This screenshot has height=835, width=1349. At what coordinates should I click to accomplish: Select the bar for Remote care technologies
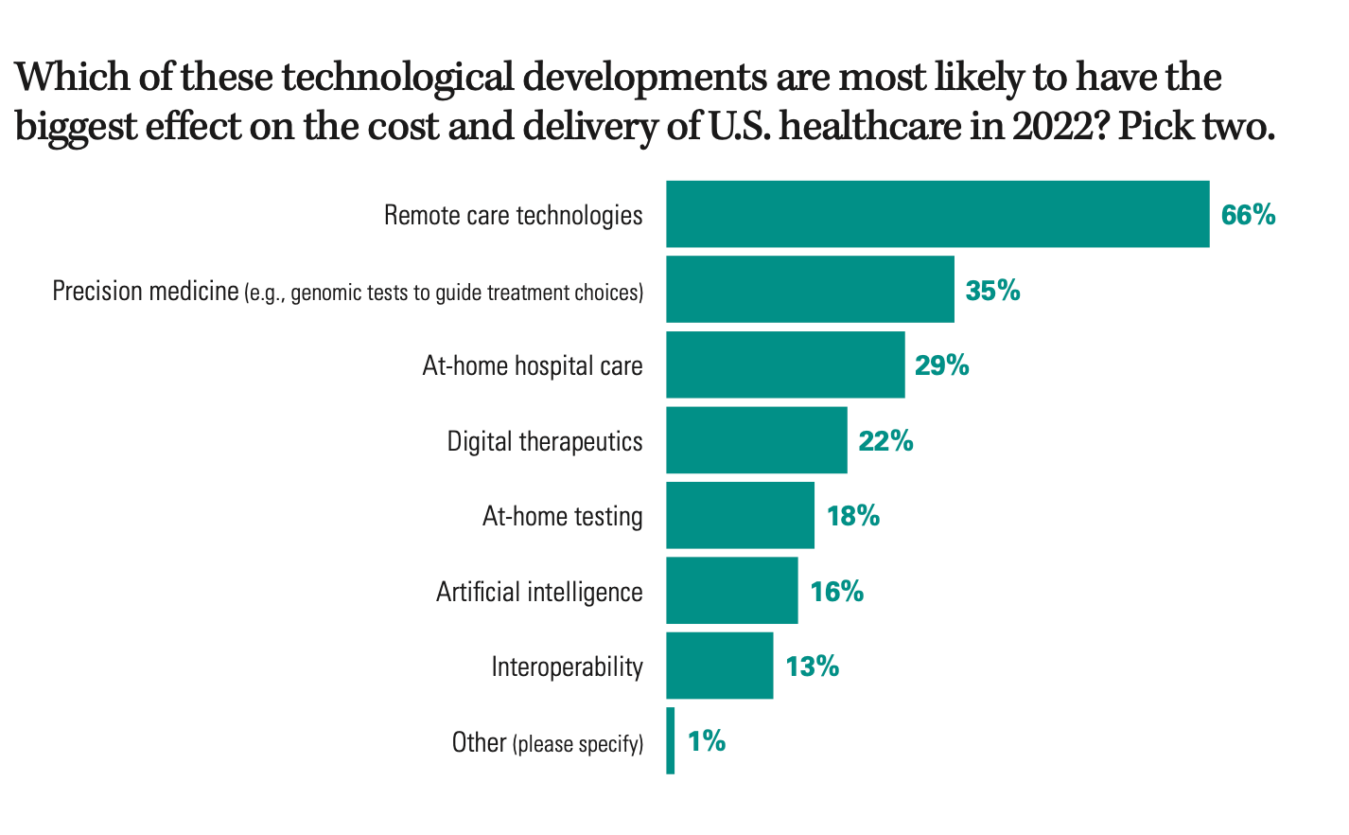click(x=937, y=214)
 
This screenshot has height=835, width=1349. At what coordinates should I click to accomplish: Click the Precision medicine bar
click(x=810, y=289)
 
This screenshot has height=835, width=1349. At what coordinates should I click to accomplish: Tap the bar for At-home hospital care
click(x=785, y=364)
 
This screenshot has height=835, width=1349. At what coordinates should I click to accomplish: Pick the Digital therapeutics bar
click(x=757, y=440)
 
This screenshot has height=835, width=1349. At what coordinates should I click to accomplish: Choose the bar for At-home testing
click(x=740, y=515)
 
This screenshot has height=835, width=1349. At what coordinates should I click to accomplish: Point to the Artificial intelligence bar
click(x=731, y=591)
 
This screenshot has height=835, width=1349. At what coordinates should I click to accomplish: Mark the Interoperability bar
click(x=719, y=666)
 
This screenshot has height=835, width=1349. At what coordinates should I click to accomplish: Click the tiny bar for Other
click(x=671, y=740)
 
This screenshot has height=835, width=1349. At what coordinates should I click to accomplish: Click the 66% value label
click(x=1248, y=215)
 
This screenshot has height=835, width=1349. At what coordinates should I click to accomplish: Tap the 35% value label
click(x=992, y=290)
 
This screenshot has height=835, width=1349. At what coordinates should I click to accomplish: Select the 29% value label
click(x=941, y=365)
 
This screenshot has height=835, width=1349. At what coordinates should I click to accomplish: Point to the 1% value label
click(x=707, y=741)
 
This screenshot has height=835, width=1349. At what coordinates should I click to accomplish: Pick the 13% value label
click(x=812, y=666)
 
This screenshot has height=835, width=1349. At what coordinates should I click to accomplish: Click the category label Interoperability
click(x=567, y=666)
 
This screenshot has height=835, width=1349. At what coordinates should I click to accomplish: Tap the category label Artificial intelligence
click(x=539, y=592)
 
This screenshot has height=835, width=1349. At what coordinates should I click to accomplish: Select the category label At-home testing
click(x=562, y=516)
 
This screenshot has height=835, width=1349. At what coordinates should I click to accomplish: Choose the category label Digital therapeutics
click(x=545, y=441)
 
